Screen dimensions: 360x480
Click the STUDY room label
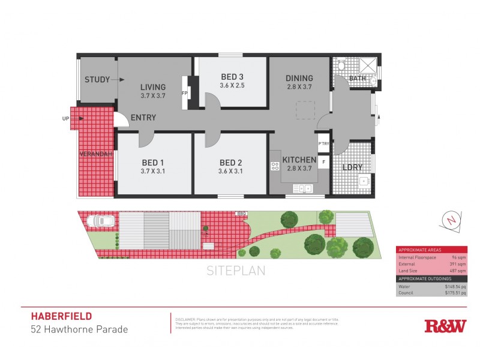pos(96,80)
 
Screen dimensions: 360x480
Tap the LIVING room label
pos(152,87)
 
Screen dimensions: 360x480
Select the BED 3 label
pos(232,77)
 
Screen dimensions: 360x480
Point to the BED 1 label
pos(153,163)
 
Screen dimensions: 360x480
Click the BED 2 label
pos(231,163)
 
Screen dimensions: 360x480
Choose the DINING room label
pos(299,78)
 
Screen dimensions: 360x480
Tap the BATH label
pos(358,79)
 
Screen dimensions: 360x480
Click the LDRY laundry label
pos(352,167)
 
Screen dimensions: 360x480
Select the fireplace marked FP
pos(185,94)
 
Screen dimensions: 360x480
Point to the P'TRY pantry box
pos(324,143)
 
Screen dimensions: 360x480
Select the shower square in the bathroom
pos(367,65)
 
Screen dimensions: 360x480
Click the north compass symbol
pos(451,219)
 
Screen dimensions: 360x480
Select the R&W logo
pos(445,326)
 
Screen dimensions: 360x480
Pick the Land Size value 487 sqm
pos(457,271)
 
